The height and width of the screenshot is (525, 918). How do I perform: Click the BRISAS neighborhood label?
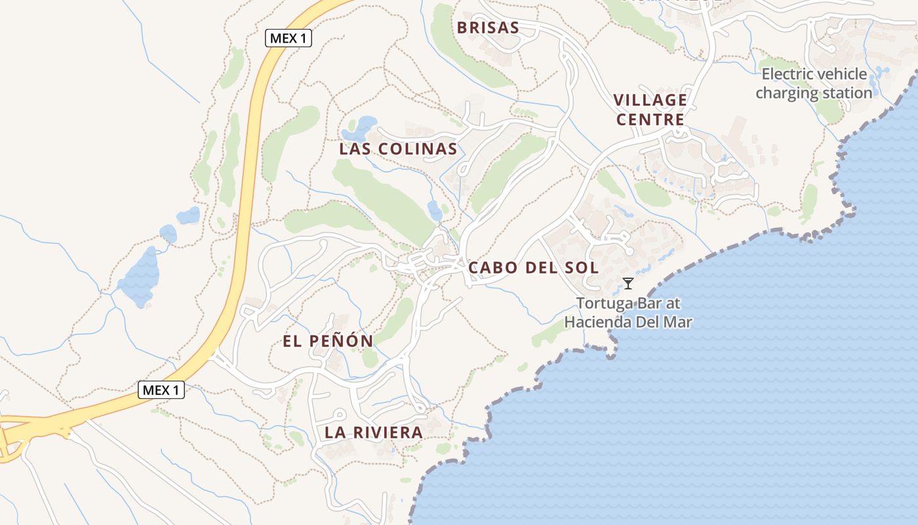pyautogui.click(x=488, y=28)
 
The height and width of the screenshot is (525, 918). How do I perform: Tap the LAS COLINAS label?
pyautogui.click(x=398, y=149)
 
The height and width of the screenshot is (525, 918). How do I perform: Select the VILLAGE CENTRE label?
pyautogui.click(x=650, y=110)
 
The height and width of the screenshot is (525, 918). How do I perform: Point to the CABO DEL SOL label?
pyautogui.click(x=533, y=268)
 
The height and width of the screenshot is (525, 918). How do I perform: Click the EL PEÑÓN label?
pyautogui.click(x=328, y=341)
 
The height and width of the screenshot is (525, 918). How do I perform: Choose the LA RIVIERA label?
pyautogui.click(x=374, y=432)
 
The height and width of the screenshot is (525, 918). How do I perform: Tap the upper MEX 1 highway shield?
pyautogui.click(x=289, y=38)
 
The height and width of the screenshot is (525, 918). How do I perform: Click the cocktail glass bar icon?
pyautogui.click(x=628, y=283)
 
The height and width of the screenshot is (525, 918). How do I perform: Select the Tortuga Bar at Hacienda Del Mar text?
pyautogui.click(x=628, y=313)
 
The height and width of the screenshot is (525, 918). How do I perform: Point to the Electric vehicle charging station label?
pyautogui.click(x=814, y=83)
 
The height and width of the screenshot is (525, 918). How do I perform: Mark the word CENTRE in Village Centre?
pyautogui.click(x=650, y=119)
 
